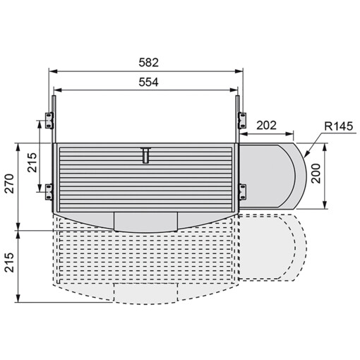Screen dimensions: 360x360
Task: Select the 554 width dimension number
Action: tap(145, 82)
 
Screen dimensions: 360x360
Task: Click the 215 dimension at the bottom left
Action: tap(8, 265)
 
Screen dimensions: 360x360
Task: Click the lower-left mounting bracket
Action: tap(49, 188)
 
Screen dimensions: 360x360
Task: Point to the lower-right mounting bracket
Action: tap(241, 188)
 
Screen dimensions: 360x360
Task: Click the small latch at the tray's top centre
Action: tap(145, 154)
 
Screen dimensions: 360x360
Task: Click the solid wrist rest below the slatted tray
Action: tap(145, 222)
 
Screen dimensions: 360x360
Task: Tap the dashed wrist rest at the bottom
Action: tap(145, 292)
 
